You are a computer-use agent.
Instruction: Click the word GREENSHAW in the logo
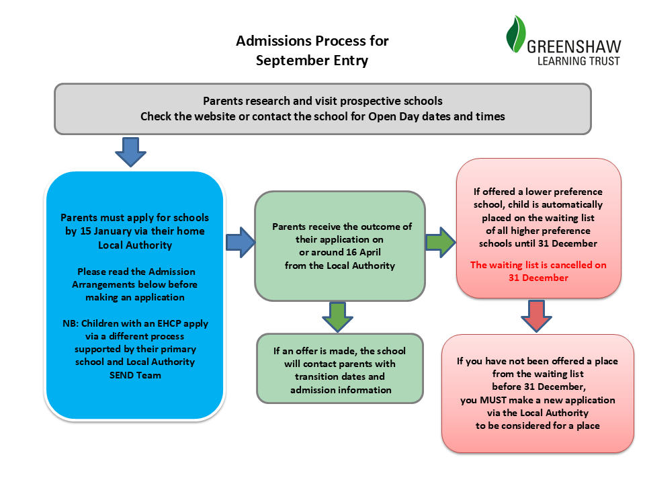click(574, 47)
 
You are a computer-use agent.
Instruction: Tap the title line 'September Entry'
click(312, 61)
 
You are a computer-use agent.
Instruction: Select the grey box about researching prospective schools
click(322, 108)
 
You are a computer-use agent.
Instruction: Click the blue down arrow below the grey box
click(132, 151)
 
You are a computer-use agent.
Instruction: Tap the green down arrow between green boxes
click(338, 316)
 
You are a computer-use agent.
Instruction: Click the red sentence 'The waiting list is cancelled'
click(538, 265)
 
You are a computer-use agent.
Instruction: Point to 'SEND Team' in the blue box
click(135, 375)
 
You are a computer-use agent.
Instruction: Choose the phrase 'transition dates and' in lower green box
click(339, 376)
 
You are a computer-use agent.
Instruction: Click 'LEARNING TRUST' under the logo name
click(578, 61)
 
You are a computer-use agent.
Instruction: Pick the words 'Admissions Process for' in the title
click(312, 41)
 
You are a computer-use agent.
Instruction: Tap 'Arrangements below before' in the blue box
click(135, 284)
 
